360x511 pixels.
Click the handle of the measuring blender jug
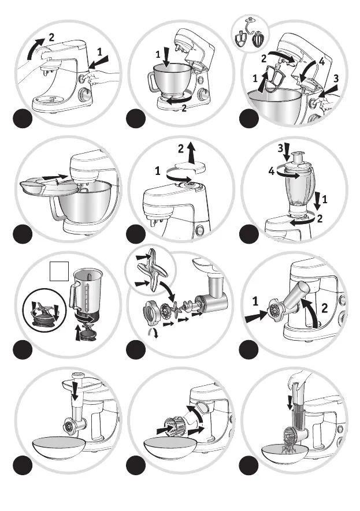click(73, 296)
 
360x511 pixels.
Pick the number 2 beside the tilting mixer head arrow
click(51, 37)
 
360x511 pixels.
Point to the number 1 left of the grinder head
click(254, 301)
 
